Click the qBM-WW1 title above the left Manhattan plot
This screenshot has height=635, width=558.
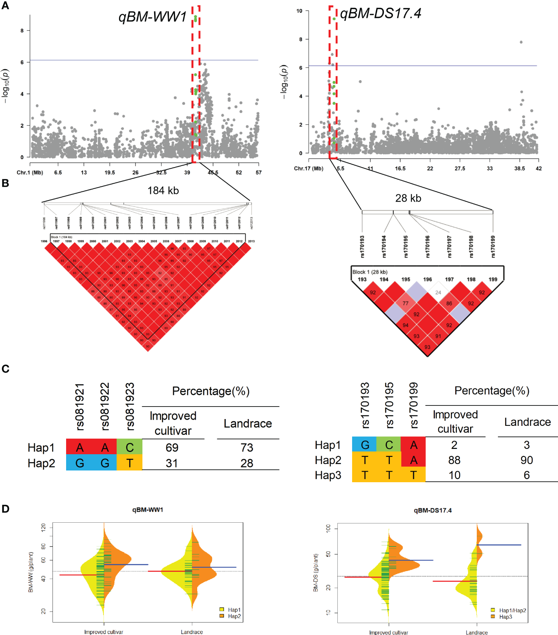pyautogui.click(x=152, y=17)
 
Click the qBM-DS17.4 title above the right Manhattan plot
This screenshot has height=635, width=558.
pyautogui.click(x=380, y=14)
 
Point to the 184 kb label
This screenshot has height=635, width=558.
pyautogui.click(x=163, y=191)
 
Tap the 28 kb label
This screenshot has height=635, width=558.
pyautogui.click(x=408, y=198)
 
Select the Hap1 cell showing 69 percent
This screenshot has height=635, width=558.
pyautogui.click(x=172, y=447)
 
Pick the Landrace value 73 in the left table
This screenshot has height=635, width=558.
pyautogui.click(x=247, y=447)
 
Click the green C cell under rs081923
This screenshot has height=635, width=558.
pyautogui.click(x=130, y=447)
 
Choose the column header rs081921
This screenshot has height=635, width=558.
pyautogui.click(x=80, y=407)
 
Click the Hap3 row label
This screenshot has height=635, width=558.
pyautogui.click(x=328, y=475)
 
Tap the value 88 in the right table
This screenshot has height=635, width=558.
pyautogui.click(x=454, y=460)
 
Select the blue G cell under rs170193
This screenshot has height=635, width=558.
pyautogui.click(x=365, y=445)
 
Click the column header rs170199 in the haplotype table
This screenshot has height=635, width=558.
pyautogui.click(x=414, y=405)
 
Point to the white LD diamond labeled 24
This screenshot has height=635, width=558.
pyautogui.click(x=438, y=292)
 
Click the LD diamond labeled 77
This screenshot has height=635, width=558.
pyautogui.click(x=405, y=303)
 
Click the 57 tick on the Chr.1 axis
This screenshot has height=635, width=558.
pyautogui.click(x=258, y=172)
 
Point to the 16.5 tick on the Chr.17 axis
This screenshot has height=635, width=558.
pyautogui.click(x=400, y=169)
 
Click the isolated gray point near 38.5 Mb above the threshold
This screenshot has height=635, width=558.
pyautogui.click(x=521, y=42)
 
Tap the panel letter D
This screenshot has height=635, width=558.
pyautogui.click(x=5, y=509)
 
